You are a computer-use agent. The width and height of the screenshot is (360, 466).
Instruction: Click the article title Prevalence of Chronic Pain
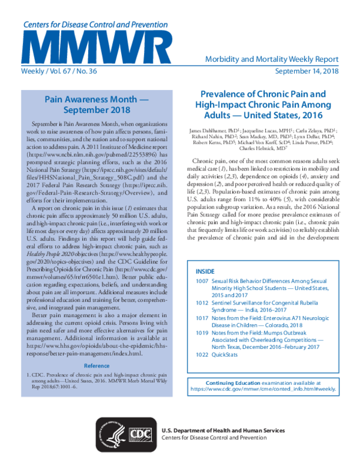[x=263, y=103]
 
